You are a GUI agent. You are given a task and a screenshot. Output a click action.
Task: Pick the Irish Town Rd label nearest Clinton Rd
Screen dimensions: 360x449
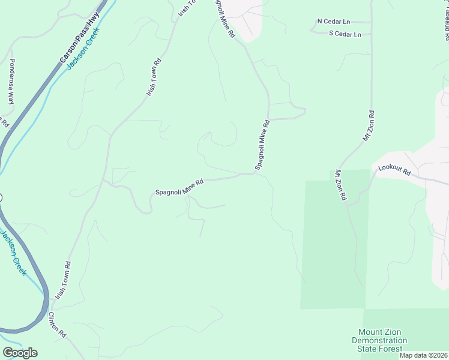click(x=63, y=281)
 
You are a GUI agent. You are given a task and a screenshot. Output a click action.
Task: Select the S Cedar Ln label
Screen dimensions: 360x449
click(x=345, y=34)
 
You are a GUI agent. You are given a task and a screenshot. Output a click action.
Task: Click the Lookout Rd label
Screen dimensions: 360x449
click(x=394, y=171)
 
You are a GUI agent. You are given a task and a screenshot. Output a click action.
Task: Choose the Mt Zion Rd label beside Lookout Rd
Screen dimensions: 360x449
click(x=340, y=184)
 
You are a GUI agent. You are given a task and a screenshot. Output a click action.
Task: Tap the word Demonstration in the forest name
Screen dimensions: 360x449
click(x=379, y=341)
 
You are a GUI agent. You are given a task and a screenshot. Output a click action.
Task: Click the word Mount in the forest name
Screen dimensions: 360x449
click(x=371, y=332)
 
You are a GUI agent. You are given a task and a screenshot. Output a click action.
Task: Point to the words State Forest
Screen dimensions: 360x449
click(x=379, y=349)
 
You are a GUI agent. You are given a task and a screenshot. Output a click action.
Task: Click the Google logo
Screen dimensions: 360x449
click(x=20, y=353)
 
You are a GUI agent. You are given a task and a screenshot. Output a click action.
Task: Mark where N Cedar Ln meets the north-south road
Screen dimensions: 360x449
click(x=371, y=22)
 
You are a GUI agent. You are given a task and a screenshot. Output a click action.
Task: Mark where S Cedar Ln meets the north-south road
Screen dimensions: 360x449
click(x=371, y=34)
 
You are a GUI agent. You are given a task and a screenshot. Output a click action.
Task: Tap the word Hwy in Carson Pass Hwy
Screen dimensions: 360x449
click(x=92, y=22)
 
